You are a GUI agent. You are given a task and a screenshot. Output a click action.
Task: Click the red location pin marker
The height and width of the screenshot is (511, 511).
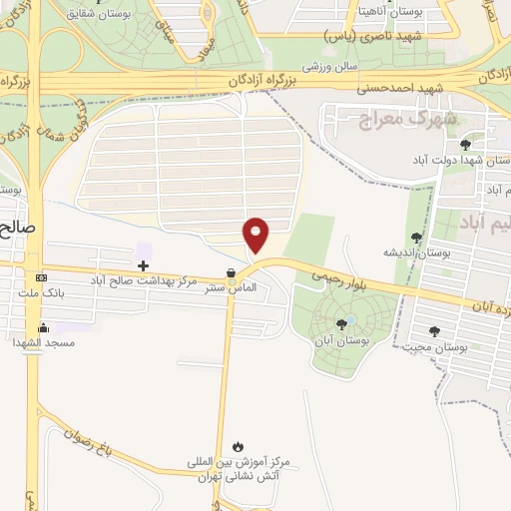pos(256,235)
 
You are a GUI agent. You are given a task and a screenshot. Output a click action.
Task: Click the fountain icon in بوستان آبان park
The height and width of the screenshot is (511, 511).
pos(347,320)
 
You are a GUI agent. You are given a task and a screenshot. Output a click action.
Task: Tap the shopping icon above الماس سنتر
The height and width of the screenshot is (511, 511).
pos(231,272)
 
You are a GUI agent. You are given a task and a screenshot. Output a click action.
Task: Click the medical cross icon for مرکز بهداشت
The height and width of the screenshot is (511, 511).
pos(143,265)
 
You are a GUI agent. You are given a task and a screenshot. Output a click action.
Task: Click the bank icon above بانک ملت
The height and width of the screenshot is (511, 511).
pos(41,276)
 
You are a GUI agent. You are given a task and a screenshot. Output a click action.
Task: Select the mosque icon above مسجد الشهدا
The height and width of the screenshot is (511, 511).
pos(43,326)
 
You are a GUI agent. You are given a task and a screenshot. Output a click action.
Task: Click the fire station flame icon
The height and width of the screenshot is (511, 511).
pos(238,446)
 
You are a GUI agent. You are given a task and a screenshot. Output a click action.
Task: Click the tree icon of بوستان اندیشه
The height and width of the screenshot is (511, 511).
pos(416,238)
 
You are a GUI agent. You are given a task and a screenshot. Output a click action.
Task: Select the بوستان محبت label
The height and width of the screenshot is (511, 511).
pos(436,346)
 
